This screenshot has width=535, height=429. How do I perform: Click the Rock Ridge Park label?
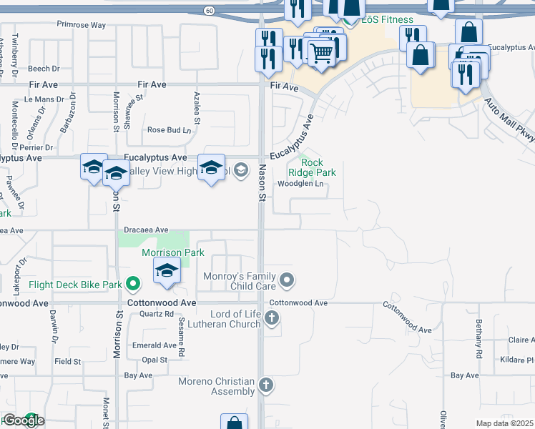312,167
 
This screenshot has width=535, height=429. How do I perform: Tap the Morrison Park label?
173,252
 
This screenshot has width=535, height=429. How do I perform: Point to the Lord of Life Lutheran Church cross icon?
272,318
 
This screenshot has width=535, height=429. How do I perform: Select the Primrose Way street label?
82,25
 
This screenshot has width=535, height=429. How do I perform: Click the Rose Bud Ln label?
170,130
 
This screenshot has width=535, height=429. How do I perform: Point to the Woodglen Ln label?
301,184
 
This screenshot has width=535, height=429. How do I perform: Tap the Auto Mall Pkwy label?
510,121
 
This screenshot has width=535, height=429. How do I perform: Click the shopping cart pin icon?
321,51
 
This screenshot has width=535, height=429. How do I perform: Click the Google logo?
24,420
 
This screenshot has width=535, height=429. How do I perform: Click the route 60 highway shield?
208,10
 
